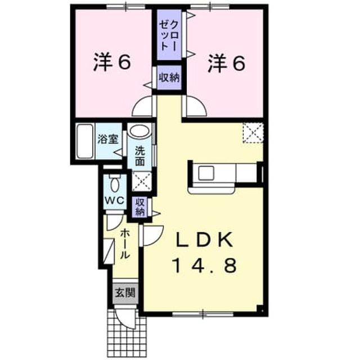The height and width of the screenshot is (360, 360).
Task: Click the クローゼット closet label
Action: pyautogui.click(x=169, y=35)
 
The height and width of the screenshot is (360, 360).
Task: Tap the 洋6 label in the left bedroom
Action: pyautogui.click(x=112, y=63)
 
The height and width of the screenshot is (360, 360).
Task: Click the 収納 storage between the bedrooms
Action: pyautogui.click(x=169, y=78)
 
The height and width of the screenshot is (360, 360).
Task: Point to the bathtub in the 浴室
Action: pyautogui.click(x=85, y=141)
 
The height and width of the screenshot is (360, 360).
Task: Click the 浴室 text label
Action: pyautogui.click(x=107, y=139)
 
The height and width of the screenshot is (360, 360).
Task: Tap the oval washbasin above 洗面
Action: pyautogui.click(x=139, y=130)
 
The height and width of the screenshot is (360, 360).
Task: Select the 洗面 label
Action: pyautogui.click(x=140, y=156)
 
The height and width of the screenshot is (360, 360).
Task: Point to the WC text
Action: pyautogui.click(x=114, y=200)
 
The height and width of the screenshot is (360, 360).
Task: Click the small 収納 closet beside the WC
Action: pyautogui.click(x=139, y=207)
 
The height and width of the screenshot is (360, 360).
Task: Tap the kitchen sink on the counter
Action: pyautogui.click(x=206, y=173)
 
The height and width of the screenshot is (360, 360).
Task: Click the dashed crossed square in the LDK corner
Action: pyautogui.click(x=253, y=133)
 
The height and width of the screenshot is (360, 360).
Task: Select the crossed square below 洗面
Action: pyautogui.click(x=142, y=181)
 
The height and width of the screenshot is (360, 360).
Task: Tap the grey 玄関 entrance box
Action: pyautogui.click(x=125, y=292)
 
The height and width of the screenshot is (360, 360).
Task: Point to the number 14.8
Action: pyautogui.click(x=205, y=265)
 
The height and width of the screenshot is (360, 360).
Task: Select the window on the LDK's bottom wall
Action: pyautogui.click(x=203, y=314)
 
